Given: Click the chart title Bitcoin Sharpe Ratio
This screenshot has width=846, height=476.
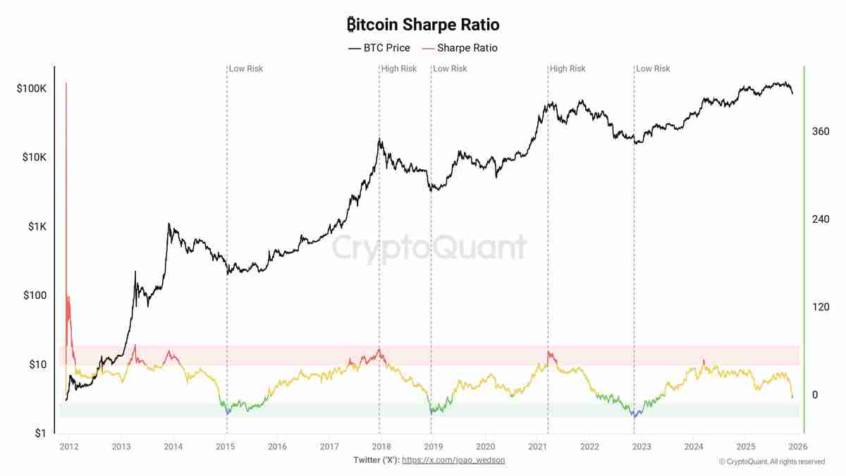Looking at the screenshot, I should tap(423, 25).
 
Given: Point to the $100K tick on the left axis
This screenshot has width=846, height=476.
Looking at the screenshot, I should tap(31, 89).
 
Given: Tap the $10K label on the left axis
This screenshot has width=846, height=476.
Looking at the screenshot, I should tap(33, 157).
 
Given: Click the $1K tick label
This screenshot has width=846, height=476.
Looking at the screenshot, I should tap(36, 226).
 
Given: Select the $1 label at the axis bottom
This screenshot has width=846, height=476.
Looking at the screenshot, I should tap(40, 433).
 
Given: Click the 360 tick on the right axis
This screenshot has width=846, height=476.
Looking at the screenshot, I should tap(820, 131).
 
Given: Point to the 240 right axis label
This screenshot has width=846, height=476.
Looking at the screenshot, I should tap(820, 219).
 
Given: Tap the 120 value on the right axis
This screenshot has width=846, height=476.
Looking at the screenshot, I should tap(820, 307).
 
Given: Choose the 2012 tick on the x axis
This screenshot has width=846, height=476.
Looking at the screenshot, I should tap(69, 446).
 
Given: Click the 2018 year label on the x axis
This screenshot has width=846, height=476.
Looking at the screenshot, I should tap(381, 446).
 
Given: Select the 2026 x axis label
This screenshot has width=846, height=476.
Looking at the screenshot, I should tap(797, 446).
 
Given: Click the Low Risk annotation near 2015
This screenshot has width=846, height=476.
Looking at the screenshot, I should tap(245, 68).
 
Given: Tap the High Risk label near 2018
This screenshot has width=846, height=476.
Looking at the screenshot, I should tap(398, 68).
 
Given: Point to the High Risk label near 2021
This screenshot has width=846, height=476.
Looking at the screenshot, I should tap(568, 68).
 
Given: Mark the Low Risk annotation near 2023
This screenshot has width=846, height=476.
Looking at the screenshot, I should tap(653, 68).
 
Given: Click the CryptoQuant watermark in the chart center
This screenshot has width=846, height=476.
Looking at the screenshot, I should tap(429, 248).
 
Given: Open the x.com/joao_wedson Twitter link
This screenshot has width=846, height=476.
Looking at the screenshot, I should tap(453, 460).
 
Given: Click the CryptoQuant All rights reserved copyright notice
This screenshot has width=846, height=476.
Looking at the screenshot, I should tap(771, 461).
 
